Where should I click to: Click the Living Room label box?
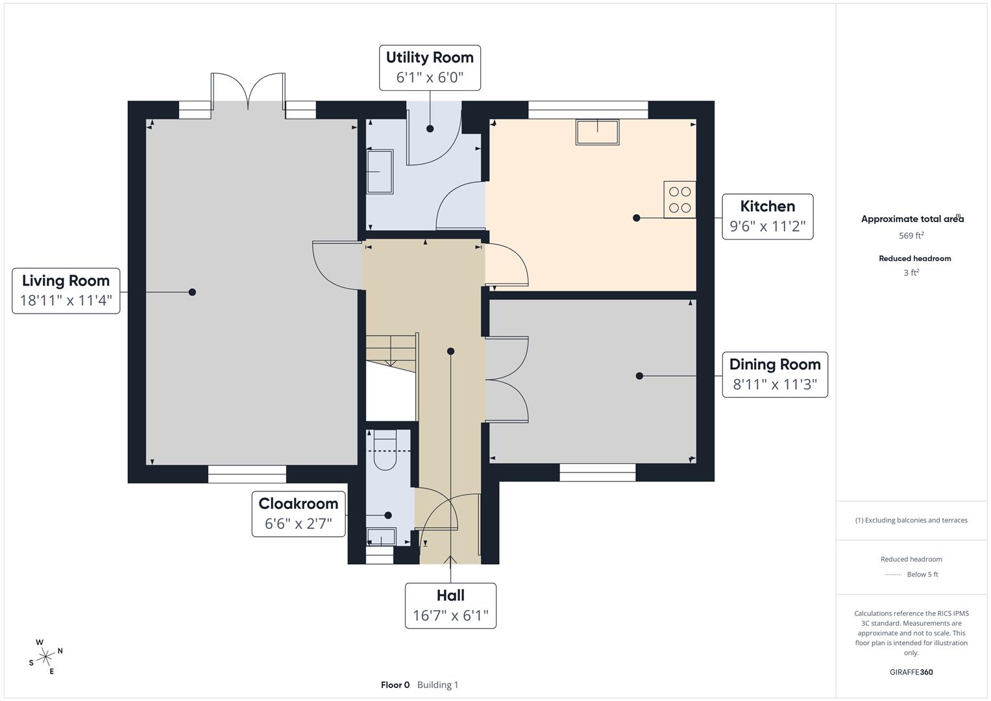point(66,291)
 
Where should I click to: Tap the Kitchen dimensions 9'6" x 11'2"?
point(767,227)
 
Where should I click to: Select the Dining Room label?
point(775,365)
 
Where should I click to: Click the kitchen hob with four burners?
point(679,200)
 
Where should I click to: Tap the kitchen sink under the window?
point(597,132)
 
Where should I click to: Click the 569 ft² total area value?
point(911,236)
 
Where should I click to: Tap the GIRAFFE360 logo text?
point(911,672)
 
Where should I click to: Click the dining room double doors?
point(507,380)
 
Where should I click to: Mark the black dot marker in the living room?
point(192,292)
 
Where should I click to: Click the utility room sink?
point(380,171)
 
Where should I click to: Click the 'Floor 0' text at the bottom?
point(395,685)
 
